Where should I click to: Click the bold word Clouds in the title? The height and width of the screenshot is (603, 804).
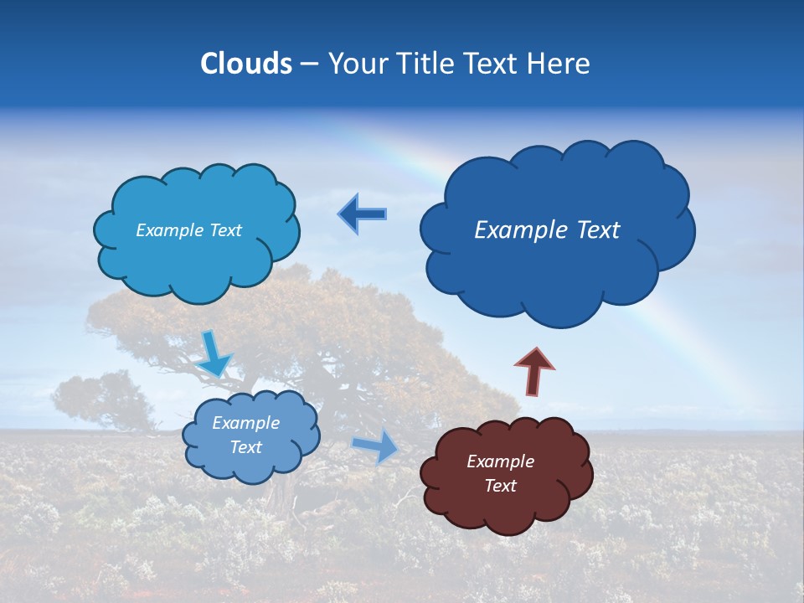tap(246, 64)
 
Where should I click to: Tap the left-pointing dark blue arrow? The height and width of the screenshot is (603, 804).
tap(362, 214)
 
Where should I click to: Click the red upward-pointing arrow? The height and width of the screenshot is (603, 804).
tap(534, 370)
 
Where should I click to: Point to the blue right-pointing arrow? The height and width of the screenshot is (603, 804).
tap(376, 446)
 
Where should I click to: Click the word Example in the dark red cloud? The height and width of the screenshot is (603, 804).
tap(500, 461)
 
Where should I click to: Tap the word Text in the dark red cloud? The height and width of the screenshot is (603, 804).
tap(500, 486)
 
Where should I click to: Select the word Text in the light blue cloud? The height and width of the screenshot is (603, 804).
tap(224, 230)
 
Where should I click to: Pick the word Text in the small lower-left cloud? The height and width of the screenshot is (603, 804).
tap(245, 447)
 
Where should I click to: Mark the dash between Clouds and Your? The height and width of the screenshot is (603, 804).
tap(309, 64)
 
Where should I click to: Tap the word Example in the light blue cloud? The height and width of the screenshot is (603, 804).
tap(169, 230)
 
